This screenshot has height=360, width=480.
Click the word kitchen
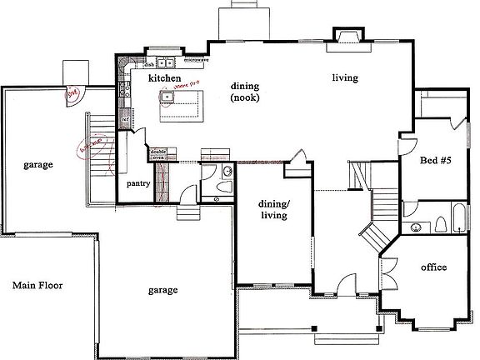click(165, 77)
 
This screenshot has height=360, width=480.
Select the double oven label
click(157, 153)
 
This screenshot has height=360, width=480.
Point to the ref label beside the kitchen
click(125, 120)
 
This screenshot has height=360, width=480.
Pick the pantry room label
click(137, 182)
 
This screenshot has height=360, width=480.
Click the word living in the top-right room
click(345, 78)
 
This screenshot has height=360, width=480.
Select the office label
click(433, 267)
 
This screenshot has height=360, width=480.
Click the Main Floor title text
click(37, 285)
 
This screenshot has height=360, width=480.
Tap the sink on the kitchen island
click(167, 97)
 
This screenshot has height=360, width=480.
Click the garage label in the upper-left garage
click(38, 165)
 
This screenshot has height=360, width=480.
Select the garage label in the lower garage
click(162, 290)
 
